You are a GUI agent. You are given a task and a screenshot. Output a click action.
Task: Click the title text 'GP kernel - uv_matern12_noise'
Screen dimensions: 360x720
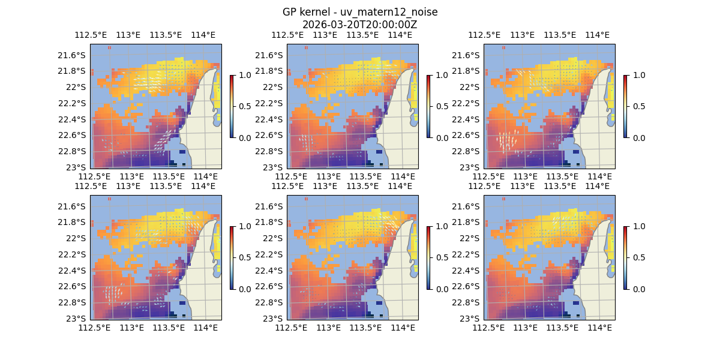[359, 13]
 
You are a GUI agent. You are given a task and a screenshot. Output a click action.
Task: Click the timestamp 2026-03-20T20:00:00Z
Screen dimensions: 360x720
[359, 25]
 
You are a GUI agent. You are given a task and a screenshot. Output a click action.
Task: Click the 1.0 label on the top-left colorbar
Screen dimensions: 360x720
[245, 76]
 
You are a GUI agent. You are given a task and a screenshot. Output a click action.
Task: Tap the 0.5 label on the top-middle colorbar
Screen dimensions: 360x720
[442, 107]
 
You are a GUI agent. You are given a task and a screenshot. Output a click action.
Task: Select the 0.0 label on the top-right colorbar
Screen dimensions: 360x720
[638, 138]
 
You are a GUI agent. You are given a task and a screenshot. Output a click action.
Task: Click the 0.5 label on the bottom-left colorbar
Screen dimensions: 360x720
[245, 258]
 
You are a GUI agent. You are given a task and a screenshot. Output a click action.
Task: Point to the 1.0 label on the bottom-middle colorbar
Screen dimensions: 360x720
[442, 227]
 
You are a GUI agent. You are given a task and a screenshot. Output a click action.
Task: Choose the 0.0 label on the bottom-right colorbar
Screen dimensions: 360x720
[638, 289]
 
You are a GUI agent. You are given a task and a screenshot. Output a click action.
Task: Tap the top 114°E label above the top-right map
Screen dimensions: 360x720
[597, 35]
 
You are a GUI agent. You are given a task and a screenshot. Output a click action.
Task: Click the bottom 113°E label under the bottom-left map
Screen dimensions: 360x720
[131, 328]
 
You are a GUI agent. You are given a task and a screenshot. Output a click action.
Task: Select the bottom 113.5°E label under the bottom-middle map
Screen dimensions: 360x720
[365, 328]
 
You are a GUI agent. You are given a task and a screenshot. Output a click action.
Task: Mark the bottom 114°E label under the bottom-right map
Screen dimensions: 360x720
[599, 328]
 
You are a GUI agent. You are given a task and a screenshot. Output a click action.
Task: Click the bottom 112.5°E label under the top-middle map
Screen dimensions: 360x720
[291, 176]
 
